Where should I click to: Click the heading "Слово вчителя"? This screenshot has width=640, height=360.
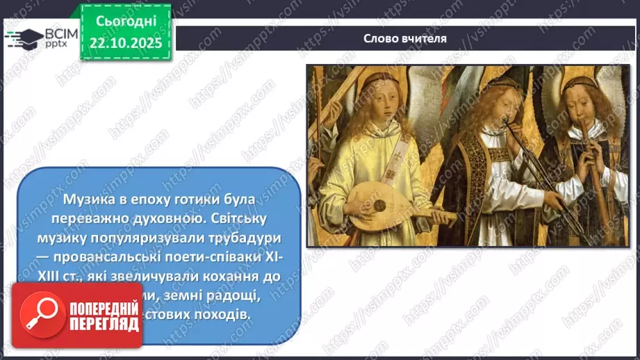tap(405, 38)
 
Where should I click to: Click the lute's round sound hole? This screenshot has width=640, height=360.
tap(379, 206)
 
